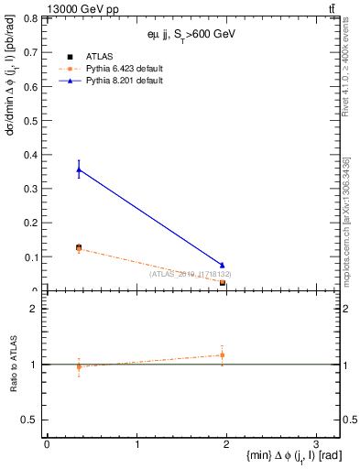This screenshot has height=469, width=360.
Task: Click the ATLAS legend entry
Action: [97, 56]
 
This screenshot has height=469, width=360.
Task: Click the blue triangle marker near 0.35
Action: [79, 169]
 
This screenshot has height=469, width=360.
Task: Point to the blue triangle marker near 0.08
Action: [223, 265]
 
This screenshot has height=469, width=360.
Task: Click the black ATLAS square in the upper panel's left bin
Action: [79, 247]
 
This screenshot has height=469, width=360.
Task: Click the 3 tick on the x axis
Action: [315, 442]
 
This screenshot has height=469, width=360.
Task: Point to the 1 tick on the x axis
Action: [136, 442]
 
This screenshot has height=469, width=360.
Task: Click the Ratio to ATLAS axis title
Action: [16, 365]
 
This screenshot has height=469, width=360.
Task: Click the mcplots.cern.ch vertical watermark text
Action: [349, 220]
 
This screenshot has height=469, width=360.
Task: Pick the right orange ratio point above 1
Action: [223, 354]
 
